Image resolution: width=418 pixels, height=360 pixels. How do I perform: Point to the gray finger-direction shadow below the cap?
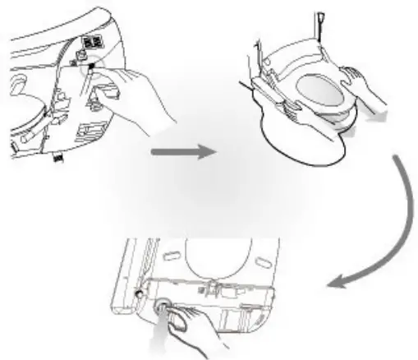tap(161, 341)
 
